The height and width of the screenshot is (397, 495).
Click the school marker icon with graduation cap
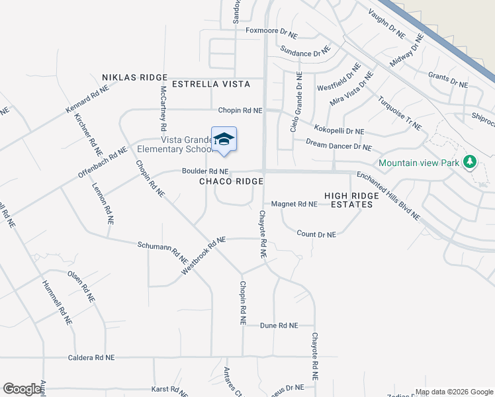[x=224, y=139]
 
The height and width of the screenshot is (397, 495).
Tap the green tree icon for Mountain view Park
[x=470, y=161]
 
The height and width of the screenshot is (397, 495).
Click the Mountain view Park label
[x=420, y=163]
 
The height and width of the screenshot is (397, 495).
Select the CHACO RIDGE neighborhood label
[x=232, y=181]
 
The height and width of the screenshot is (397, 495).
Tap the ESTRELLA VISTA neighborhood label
[x=211, y=84]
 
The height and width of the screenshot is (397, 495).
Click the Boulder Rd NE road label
[x=205, y=171]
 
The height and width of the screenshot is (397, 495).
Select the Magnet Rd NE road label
[x=294, y=204]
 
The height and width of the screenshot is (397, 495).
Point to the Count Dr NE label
[x=316, y=234]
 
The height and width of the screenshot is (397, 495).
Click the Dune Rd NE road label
[x=279, y=326]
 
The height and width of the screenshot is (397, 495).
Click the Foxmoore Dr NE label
[x=272, y=30]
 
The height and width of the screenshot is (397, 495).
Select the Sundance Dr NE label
[x=304, y=50]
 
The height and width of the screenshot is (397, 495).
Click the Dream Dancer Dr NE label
[x=338, y=145]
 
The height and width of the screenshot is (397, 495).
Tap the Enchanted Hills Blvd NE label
[x=388, y=196]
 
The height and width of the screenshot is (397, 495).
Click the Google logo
[x=22, y=389]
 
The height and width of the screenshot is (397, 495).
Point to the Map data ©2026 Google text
[x=453, y=392]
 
